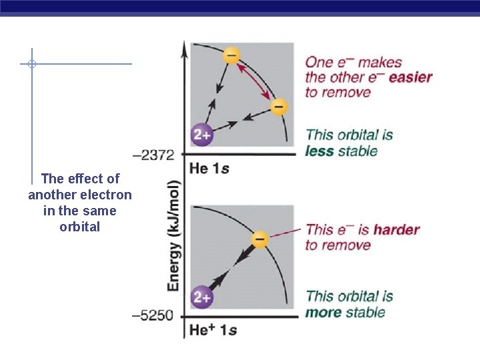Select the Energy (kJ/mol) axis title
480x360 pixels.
point(173,235)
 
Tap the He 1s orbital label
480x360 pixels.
point(209,169)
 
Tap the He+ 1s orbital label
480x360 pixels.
point(213,330)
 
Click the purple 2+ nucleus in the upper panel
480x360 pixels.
point(202,135)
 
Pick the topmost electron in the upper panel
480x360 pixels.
point(231,55)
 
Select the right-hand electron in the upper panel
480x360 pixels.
point(279,107)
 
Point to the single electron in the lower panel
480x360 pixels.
point(260,239)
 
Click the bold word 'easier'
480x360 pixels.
point(410,77)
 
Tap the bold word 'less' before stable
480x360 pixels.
point(320,151)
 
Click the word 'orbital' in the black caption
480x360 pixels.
point(79,227)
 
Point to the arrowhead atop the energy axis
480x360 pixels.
point(184,45)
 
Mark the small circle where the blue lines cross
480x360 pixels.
point(31,64)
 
